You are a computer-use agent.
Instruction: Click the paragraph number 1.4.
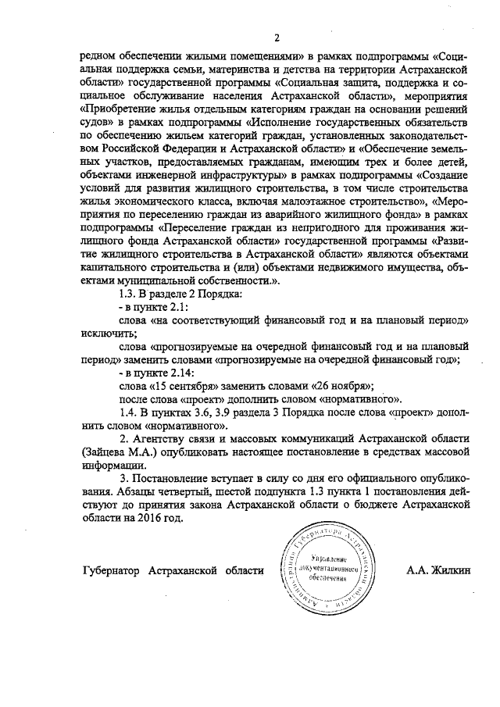point(126,412)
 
